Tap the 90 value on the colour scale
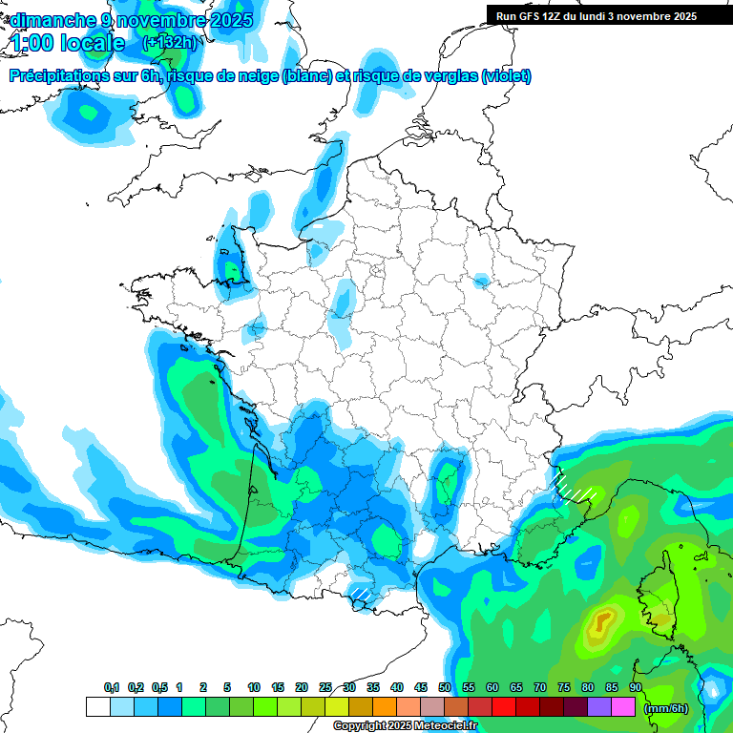point(635,688)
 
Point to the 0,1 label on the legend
point(112,688)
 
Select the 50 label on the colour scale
point(445,688)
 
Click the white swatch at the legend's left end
point(97,707)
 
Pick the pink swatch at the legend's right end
point(623,707)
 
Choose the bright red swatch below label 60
point(504,707)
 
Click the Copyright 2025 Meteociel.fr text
point(405,726)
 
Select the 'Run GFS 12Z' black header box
point(596,15)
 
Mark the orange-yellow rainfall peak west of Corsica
point(602,623)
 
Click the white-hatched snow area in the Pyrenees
point(362,594)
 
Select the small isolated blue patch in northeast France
point(482,281)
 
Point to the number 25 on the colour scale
point(325,688)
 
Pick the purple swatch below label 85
point(599,707)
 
